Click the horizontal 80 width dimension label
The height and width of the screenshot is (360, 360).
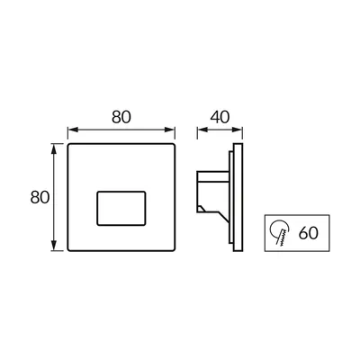[x=121, y=117]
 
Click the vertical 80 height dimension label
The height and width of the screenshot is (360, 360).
[x=40, y=197]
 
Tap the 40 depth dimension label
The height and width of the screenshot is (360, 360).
[x=220, y=117]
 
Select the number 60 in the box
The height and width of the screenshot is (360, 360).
[x=309, y=232]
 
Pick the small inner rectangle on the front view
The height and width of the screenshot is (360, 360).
[x=121, y=208]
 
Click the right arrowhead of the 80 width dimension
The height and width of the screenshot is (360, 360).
[x=169, y=130]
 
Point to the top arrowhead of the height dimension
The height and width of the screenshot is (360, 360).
[x=54, y=148]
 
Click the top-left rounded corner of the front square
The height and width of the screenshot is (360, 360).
[x=68, y=145]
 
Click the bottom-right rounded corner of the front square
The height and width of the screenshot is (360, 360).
[x=174, y=249]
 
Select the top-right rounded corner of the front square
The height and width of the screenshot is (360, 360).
[x=174, y=145]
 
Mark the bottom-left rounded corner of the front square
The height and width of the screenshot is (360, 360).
[x=68, y=249]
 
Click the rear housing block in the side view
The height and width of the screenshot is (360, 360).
[x=212, y=192]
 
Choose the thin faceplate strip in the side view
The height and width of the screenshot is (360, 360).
[x=238, y=197]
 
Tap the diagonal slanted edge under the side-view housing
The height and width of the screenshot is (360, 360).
[x=224, y=218]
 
